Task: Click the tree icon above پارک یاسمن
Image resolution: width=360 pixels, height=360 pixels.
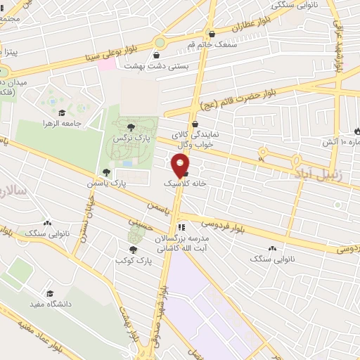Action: click(x=107, y=171)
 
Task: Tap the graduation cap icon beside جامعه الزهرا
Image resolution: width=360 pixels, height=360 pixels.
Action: click(x=62, y=112)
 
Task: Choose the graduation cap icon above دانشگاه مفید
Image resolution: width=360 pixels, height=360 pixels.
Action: click(x=50, y=293)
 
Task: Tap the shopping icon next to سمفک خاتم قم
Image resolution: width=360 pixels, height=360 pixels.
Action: click(x=212, y=33)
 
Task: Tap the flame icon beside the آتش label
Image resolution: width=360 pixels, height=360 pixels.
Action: click(x=358, y=131)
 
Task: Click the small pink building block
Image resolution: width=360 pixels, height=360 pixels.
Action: click(x=105, y=64)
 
